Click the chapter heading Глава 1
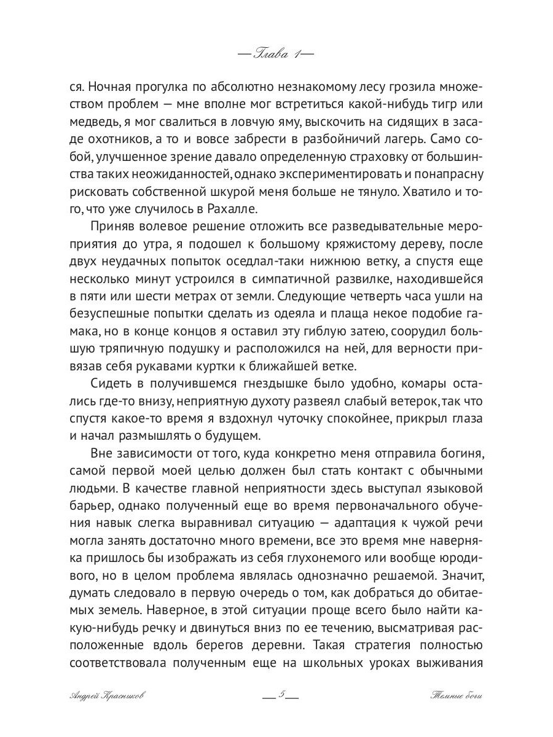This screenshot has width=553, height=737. tap(275, 53)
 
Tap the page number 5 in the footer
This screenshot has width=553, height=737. tap(280, 696)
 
